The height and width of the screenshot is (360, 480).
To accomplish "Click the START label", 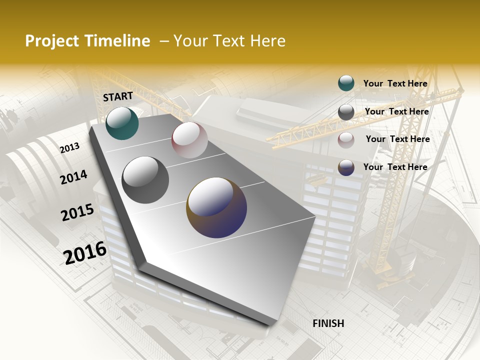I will [118, 96].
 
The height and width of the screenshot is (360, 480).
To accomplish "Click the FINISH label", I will [328, 323].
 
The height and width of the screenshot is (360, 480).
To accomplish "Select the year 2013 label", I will [70, 147].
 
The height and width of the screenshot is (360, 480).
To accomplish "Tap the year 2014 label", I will [73, 177].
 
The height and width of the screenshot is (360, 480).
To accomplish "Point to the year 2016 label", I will [85, 252].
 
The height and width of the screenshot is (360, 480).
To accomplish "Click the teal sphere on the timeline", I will [122, 123].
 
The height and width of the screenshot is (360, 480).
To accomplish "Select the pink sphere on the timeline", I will [189, 140].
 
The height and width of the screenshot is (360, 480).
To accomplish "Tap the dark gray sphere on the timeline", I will [145, 180].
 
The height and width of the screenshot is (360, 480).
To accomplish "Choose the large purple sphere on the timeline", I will [216, 207].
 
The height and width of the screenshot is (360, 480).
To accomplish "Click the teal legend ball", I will [346, 83].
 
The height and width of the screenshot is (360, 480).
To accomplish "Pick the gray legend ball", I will [346, 112].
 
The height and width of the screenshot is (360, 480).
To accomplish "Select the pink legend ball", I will [346, 140].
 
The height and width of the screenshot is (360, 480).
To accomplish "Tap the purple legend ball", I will [346, 167].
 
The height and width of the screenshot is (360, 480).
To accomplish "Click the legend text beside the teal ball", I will [395, 84].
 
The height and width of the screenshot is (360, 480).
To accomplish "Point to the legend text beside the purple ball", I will [395, 167].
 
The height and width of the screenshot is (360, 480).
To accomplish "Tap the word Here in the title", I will [267, 41].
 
